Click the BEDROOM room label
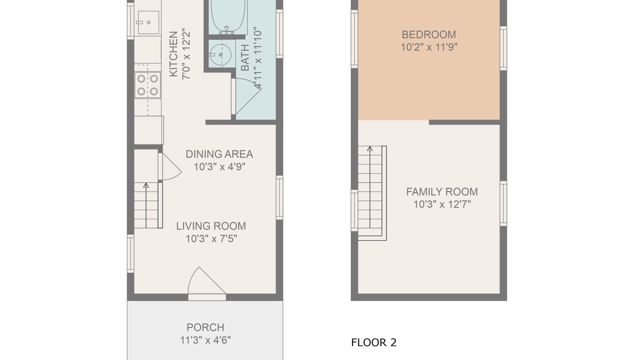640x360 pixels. click(x=429, y=34)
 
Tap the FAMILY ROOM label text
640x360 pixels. click(x=442, y=191)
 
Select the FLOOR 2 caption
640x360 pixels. click(x=373, y=342)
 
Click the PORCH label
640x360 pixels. click(x=205, y=327)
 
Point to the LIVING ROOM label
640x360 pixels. click(x=211, y=226)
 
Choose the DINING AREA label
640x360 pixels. click(x=219, y=154)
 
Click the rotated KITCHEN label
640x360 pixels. click(x=173, y=54)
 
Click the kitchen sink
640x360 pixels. click(x=147, y=22)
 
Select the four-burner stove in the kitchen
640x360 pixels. click(x=147, y=85)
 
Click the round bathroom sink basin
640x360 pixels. click(x=220, y=54)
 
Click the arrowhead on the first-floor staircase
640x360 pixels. click(x=146, y=185)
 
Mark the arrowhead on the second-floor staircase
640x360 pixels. click(x=370, y=148)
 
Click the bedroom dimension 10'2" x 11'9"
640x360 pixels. click(x=429, y=47)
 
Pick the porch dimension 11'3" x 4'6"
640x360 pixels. click(x=205, y=340)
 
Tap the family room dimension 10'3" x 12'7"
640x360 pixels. click(x=442, y=204)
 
